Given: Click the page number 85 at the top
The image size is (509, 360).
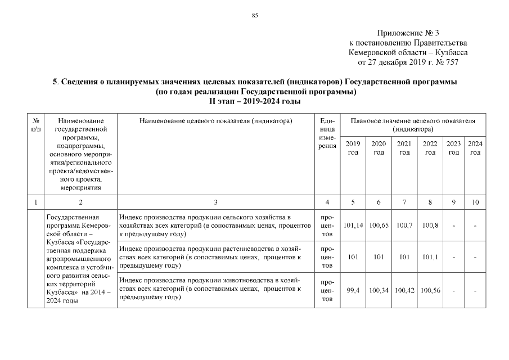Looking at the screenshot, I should (254, 15).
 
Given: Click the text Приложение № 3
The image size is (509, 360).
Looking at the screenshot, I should (408, 33).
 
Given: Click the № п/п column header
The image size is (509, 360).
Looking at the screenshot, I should (37, 125).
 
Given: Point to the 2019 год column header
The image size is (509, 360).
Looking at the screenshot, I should (353, 148).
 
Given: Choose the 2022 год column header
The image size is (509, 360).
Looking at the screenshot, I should (430, 148).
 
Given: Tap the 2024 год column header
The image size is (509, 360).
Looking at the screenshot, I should (475, 148).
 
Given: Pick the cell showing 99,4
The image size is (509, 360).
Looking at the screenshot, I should (353, 290).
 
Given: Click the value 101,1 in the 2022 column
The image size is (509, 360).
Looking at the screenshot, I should (430, 257).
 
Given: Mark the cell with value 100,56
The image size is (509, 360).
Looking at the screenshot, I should (430, 290).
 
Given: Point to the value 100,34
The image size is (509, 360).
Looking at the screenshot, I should (379, 290).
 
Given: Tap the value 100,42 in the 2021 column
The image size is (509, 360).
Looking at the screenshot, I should (404, 290).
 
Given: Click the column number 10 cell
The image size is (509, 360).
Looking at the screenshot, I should (475, 202).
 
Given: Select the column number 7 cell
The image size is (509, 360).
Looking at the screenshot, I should (404, 202).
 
